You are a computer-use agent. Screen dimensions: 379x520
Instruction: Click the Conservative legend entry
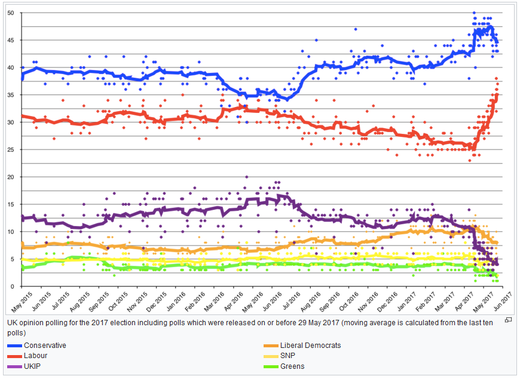(45, 346)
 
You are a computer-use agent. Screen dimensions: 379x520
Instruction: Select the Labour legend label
(36, 356)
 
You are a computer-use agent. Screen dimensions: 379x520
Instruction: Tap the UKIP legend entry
(33, 366)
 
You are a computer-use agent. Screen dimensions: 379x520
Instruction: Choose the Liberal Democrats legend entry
(310, 346)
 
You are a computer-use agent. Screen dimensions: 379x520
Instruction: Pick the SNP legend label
(287, 356)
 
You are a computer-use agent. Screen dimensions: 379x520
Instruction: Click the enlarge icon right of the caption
(508, 320)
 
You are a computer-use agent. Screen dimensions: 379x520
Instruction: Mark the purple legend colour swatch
(14, 366)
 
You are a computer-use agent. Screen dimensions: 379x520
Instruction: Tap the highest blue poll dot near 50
(474, 13)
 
